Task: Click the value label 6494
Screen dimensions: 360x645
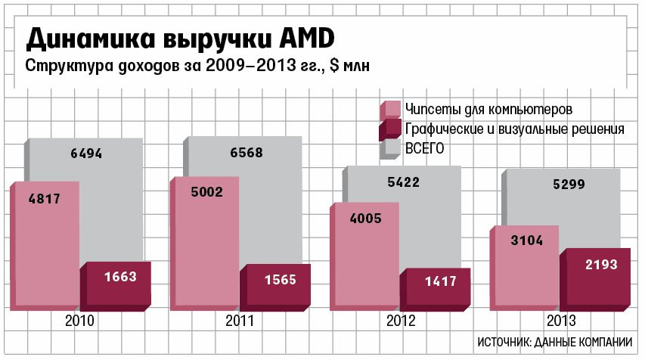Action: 86,154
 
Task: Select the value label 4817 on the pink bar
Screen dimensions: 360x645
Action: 44,200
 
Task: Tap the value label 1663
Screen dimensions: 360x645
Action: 120,277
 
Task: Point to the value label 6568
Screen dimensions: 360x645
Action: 247,153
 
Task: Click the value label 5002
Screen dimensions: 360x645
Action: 206,193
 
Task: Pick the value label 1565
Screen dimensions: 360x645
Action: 281,280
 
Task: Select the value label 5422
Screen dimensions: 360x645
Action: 404,182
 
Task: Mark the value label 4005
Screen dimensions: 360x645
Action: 366,219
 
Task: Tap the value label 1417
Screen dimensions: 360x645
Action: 440,281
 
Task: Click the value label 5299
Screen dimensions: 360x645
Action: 565,184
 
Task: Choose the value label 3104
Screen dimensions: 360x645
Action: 526,241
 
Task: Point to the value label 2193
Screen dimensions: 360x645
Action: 601,265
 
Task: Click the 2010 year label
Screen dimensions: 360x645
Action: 79,321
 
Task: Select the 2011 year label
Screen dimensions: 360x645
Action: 240,321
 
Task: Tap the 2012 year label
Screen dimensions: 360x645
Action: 401,321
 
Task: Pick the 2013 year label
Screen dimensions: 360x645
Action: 561,321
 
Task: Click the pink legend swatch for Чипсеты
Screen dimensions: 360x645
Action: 391,110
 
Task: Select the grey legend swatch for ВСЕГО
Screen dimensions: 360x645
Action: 391,148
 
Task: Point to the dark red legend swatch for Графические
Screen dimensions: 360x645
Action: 391,129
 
